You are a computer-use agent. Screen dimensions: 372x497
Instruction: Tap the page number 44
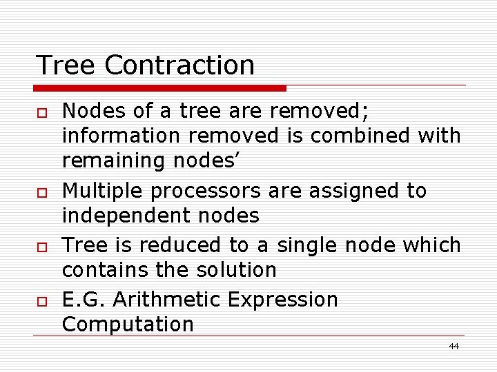(x=454, y=346)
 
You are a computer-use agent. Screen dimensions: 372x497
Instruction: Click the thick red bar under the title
(x=160, y=88)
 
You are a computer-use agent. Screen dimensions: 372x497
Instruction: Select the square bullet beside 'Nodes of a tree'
(x=41, y=112)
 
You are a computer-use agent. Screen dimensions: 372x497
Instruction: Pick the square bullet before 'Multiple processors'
(x=41, y=192)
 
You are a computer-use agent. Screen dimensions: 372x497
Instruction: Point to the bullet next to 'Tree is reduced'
(x=41, y=246)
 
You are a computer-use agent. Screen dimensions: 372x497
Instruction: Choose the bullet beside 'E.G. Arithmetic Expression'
(x=41, y=300)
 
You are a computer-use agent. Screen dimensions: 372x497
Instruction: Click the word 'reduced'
(x=191, y=245)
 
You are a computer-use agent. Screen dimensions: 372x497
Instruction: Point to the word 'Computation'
(x=128, y=324)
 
